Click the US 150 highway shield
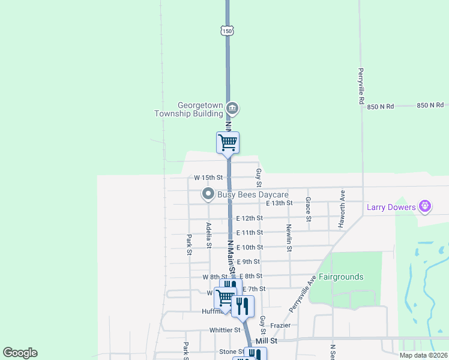[x=226, y=30]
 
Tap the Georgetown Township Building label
[x=188, y=109]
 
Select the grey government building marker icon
[x=232, y=109]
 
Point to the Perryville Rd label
[x=361, y=86]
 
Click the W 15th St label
[x=208, y=178]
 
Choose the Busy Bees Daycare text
[x=253, y=194]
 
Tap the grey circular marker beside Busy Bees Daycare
[x=208, y=194]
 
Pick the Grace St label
[x=308, y=209]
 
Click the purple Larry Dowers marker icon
[x=425, y=207]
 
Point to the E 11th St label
[x=250, y=232]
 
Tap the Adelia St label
[x=209, y=235]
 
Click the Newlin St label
[x=289, y=236]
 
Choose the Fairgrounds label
[x=341, y=277]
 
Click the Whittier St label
[x=224, y=330]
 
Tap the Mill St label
[x=266, y=340]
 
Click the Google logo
[x=20, y=353]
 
